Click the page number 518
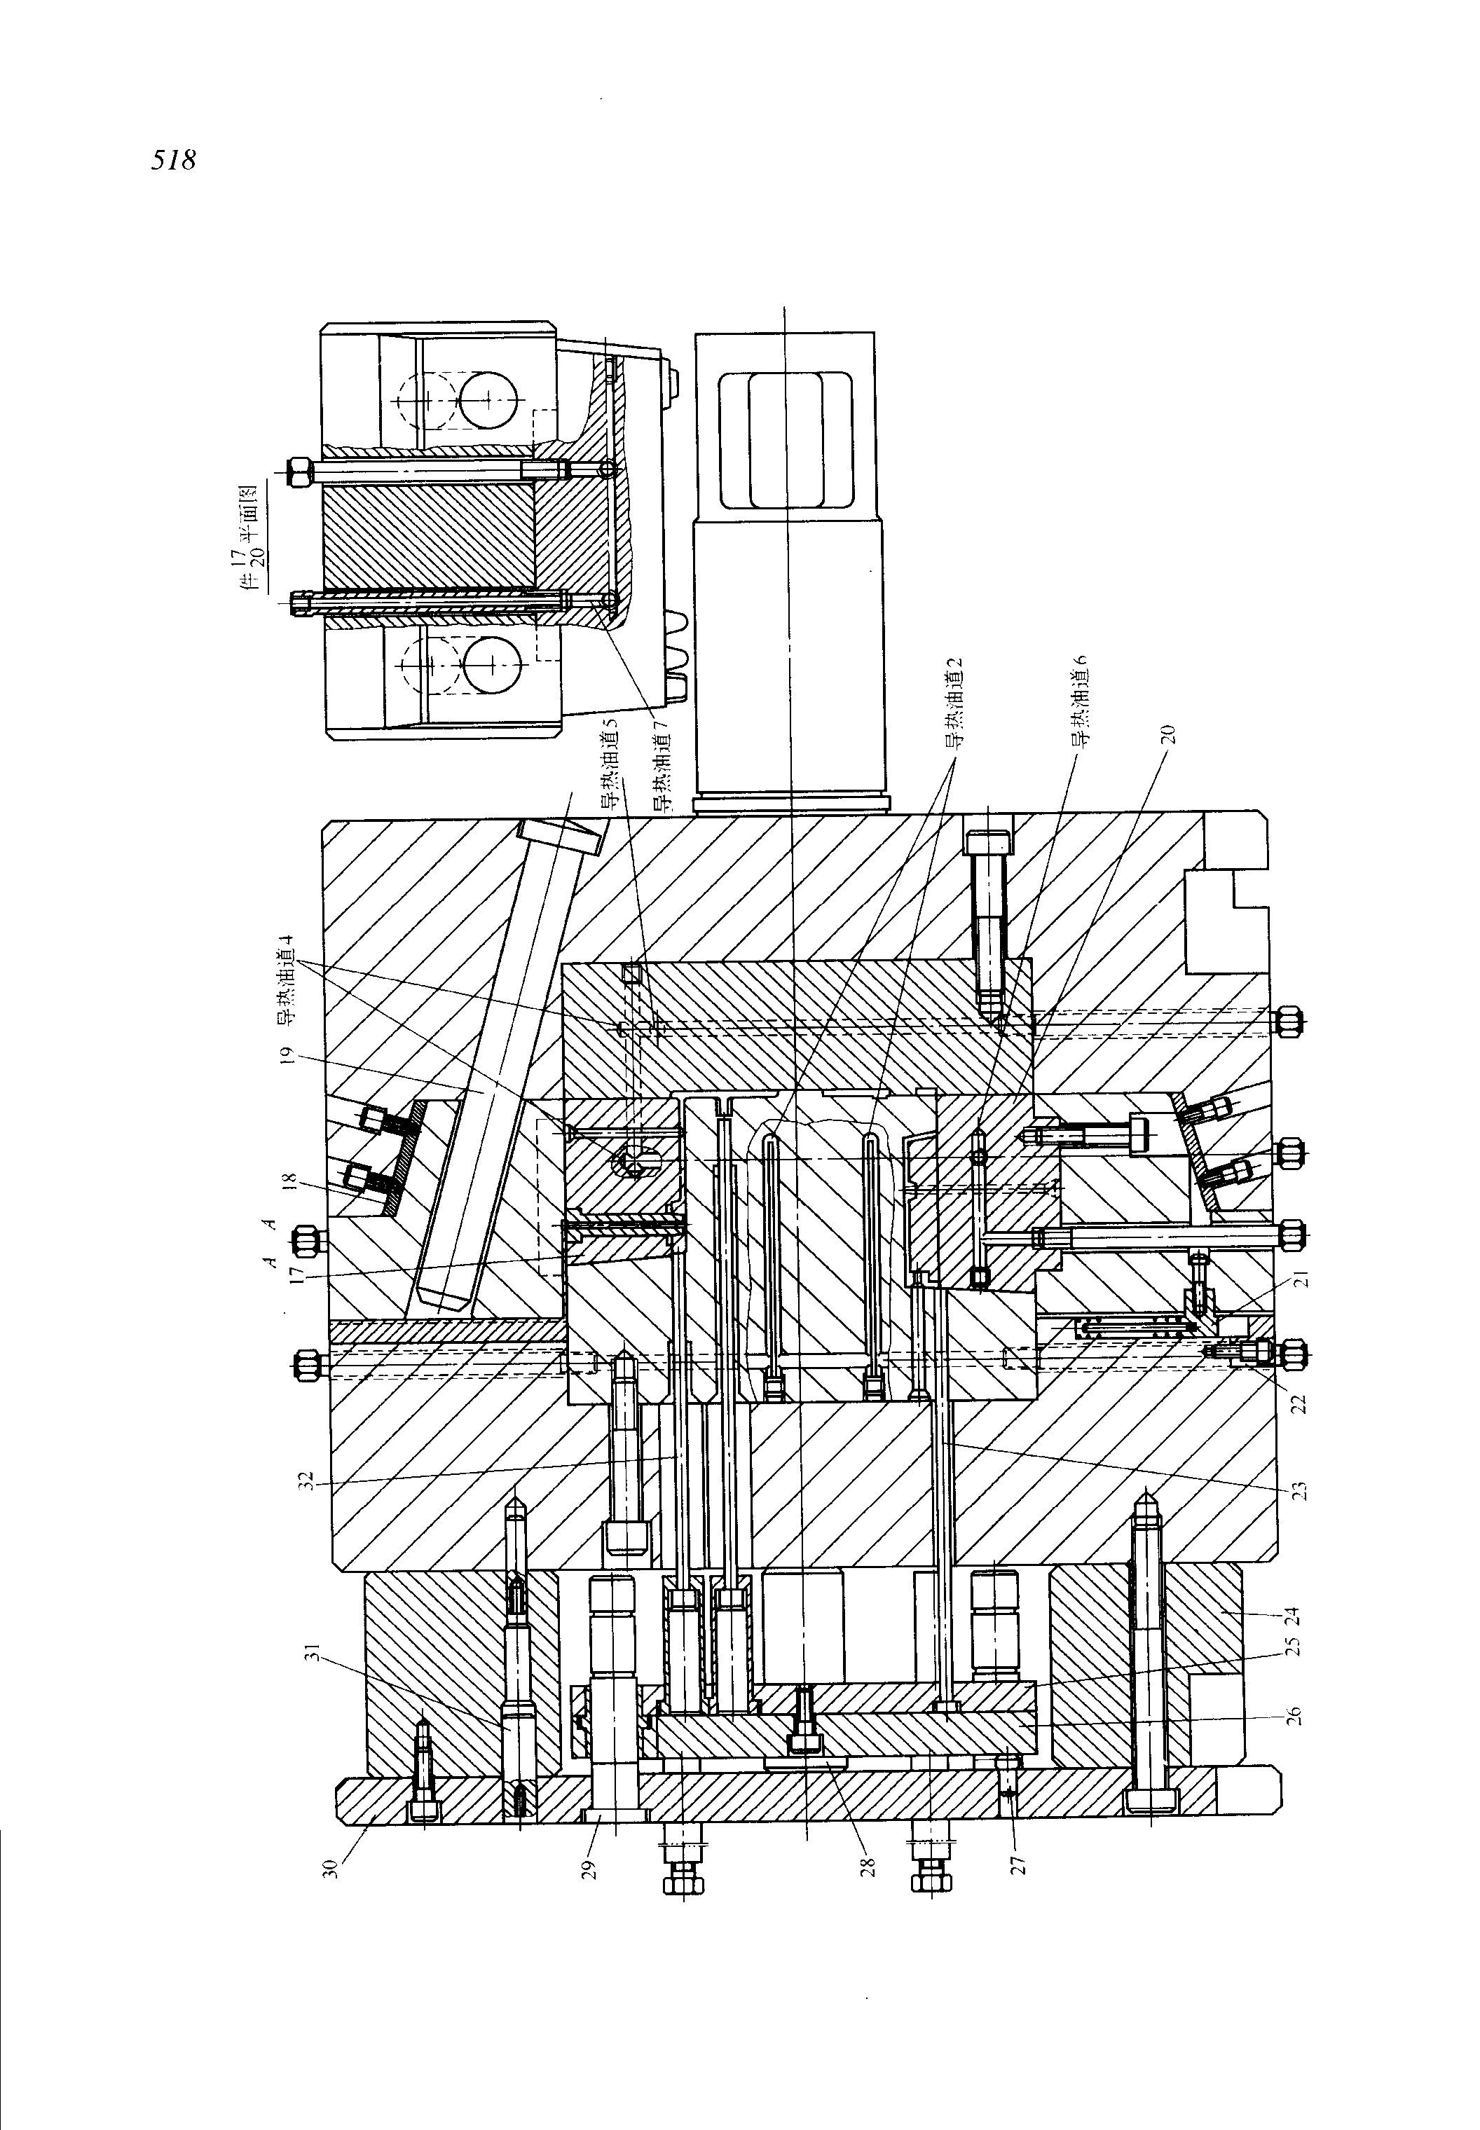pos(174,160)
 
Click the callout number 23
pos(1299,1490)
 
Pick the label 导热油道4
pos(289,983)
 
